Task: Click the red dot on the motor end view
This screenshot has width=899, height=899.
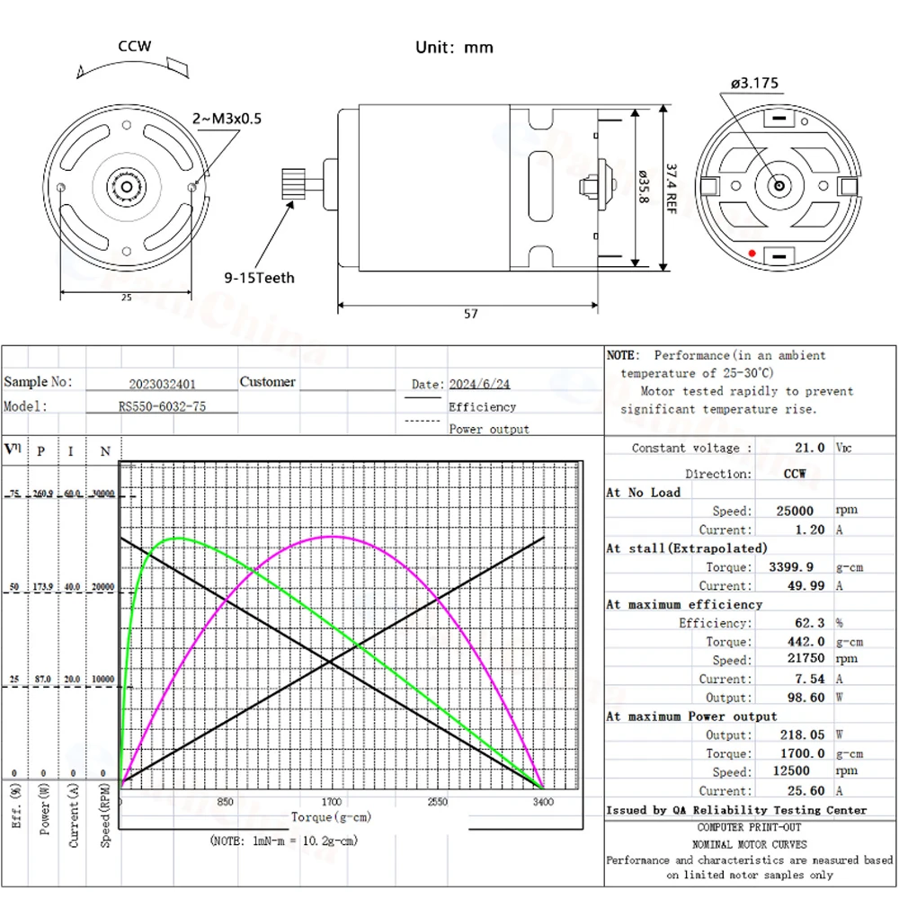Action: [752, 253]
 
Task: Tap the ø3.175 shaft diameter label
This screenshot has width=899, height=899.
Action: [755, 84]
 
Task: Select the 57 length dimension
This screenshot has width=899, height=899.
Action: [471, 314]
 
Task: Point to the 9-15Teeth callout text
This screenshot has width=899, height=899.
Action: [259, 278]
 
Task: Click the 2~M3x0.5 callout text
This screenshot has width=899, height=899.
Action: [227, 119]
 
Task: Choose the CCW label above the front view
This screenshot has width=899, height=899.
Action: [135, 47]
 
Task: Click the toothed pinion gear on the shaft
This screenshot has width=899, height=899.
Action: [295, 184]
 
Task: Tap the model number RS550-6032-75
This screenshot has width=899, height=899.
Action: [162, 406]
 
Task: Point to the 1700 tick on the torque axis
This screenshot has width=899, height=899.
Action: [333, 802]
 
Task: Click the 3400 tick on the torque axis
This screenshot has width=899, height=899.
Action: [543, 802]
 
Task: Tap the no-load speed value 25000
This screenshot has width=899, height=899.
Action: [796, 511]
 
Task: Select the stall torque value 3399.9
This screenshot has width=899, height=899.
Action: [792, 567]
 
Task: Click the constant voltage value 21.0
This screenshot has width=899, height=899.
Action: [806, 448]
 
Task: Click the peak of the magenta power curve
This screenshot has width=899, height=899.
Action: [333, 537]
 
